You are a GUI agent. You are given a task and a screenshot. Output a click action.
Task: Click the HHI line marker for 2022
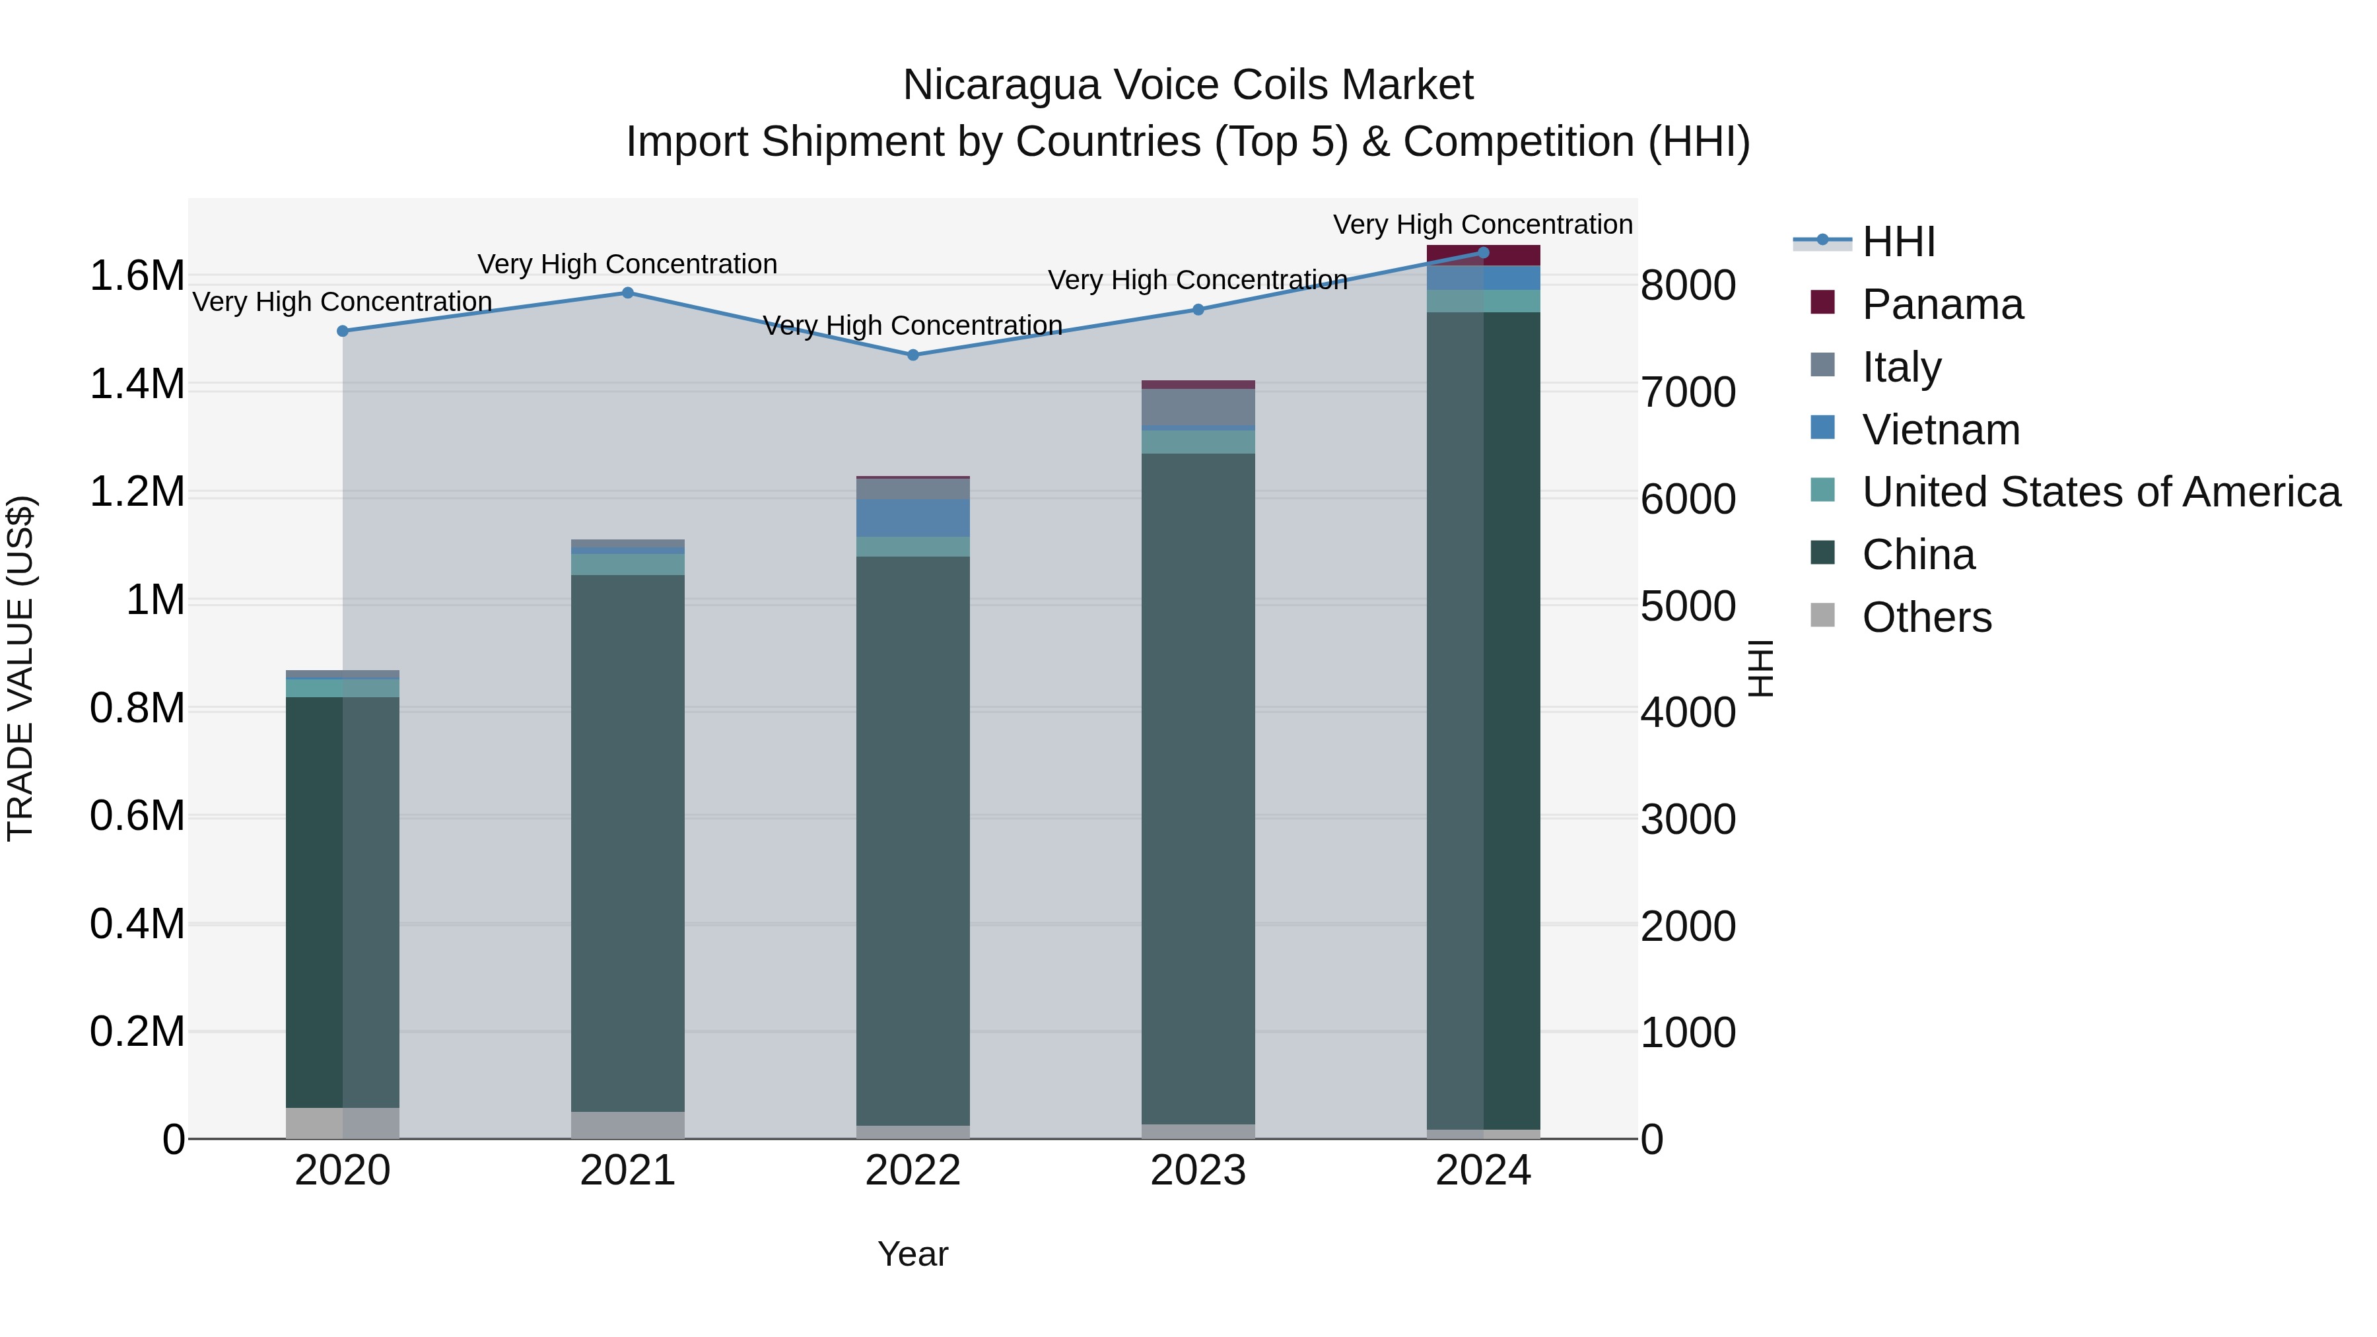point(913,355)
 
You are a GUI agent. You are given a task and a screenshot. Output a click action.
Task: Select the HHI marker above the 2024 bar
point(1483,253)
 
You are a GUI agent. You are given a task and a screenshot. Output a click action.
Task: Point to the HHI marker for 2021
point(627,293)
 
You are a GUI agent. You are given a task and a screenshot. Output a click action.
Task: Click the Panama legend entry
point(1941,304)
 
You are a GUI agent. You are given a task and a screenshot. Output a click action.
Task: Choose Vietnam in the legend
point(1940,430)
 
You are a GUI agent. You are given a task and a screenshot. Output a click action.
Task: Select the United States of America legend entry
point(2100,493)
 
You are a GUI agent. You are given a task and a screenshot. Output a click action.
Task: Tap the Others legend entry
point(1926,617)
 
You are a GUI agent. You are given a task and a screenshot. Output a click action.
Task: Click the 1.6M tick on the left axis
point(137,276)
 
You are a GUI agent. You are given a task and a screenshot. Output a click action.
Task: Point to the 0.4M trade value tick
point(137,924)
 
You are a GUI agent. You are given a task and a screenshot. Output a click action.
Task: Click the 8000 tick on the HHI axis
point(1688,285)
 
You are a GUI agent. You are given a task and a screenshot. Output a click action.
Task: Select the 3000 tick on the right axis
point(1688,819)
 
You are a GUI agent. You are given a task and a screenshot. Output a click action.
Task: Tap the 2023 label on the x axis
point(1198,1171)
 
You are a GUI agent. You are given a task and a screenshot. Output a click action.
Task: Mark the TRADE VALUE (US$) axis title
point(21,668)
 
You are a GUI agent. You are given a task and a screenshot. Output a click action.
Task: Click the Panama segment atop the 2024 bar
point(1483,256)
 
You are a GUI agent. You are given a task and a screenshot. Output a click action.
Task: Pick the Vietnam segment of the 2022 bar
point(913,518)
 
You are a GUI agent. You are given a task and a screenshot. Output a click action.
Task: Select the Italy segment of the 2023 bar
point(1198,407)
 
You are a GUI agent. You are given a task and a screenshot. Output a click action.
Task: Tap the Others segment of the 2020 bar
point(342,1123)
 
